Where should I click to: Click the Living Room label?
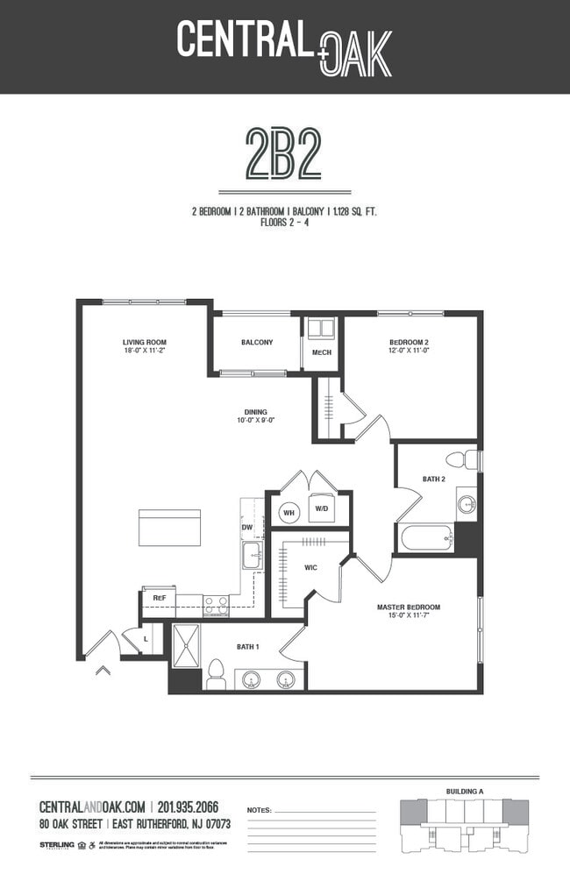(x=145, y=342)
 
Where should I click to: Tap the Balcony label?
(x=257, y=342)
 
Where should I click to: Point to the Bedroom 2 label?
(x=409, y=342)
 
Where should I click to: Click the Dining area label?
(x=256, y=412)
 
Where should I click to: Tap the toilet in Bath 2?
(x=461, y=459)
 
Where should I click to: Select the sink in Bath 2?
(x=467, y=504)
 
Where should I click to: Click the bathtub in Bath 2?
(x=426, y=536)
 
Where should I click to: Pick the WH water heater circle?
(x=289, y=512)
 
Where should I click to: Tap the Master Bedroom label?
(x=409, y=607)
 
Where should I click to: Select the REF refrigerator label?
(x=160, y=599)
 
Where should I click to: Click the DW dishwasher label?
(x=247, y=528)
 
